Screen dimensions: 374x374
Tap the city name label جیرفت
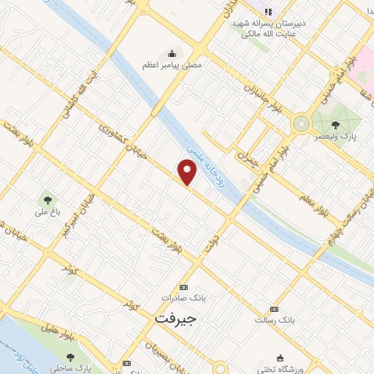coord(175,318)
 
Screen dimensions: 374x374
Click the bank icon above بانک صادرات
coord(183,287)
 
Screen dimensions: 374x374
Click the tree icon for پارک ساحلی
coord(70,357)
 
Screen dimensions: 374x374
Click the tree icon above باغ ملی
coord(47,199)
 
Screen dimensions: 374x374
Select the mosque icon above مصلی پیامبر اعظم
coord(172,53)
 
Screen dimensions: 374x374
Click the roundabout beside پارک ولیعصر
coord(300,123)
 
